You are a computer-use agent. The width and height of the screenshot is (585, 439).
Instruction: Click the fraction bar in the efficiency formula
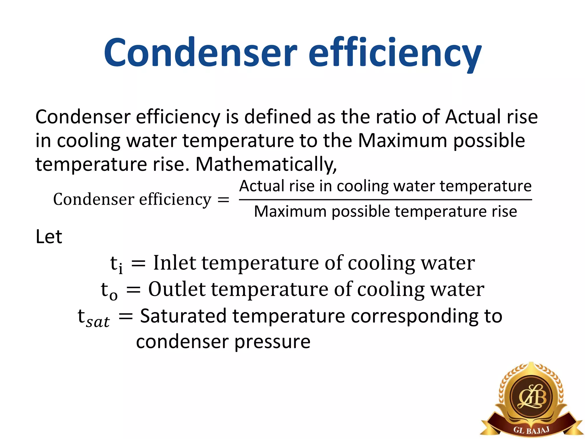(385, 199)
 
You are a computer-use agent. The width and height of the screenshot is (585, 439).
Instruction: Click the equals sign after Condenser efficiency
(223, 199)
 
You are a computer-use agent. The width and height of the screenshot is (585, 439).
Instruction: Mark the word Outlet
(177, 289)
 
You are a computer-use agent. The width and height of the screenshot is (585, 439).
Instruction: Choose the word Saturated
(183, 316)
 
